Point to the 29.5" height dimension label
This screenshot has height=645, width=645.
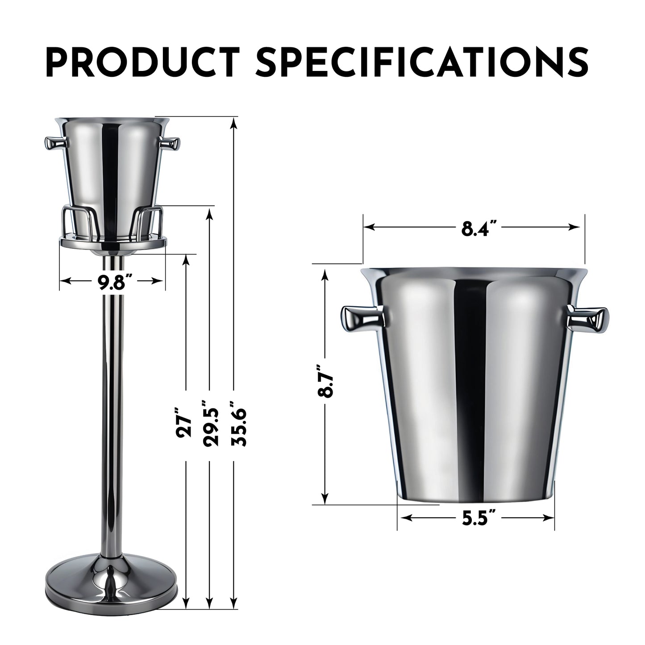[x=210, y=423]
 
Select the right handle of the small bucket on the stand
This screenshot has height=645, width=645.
[x=170, y=143]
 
